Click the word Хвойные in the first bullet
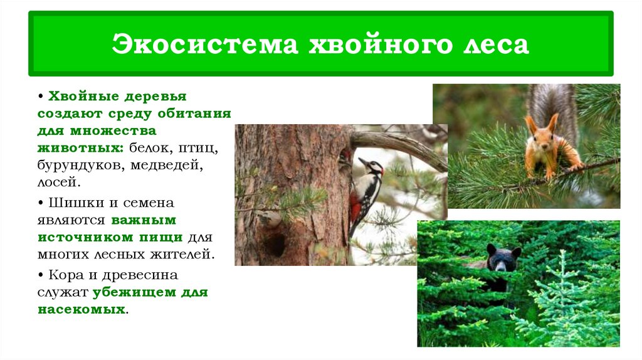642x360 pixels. point(81,97)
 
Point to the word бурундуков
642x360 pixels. point(73,166)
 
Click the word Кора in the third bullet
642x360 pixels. point(66,275)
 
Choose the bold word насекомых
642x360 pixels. point(81,310)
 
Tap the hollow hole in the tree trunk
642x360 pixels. point(275,242)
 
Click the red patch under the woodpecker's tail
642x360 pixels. point(355,207)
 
